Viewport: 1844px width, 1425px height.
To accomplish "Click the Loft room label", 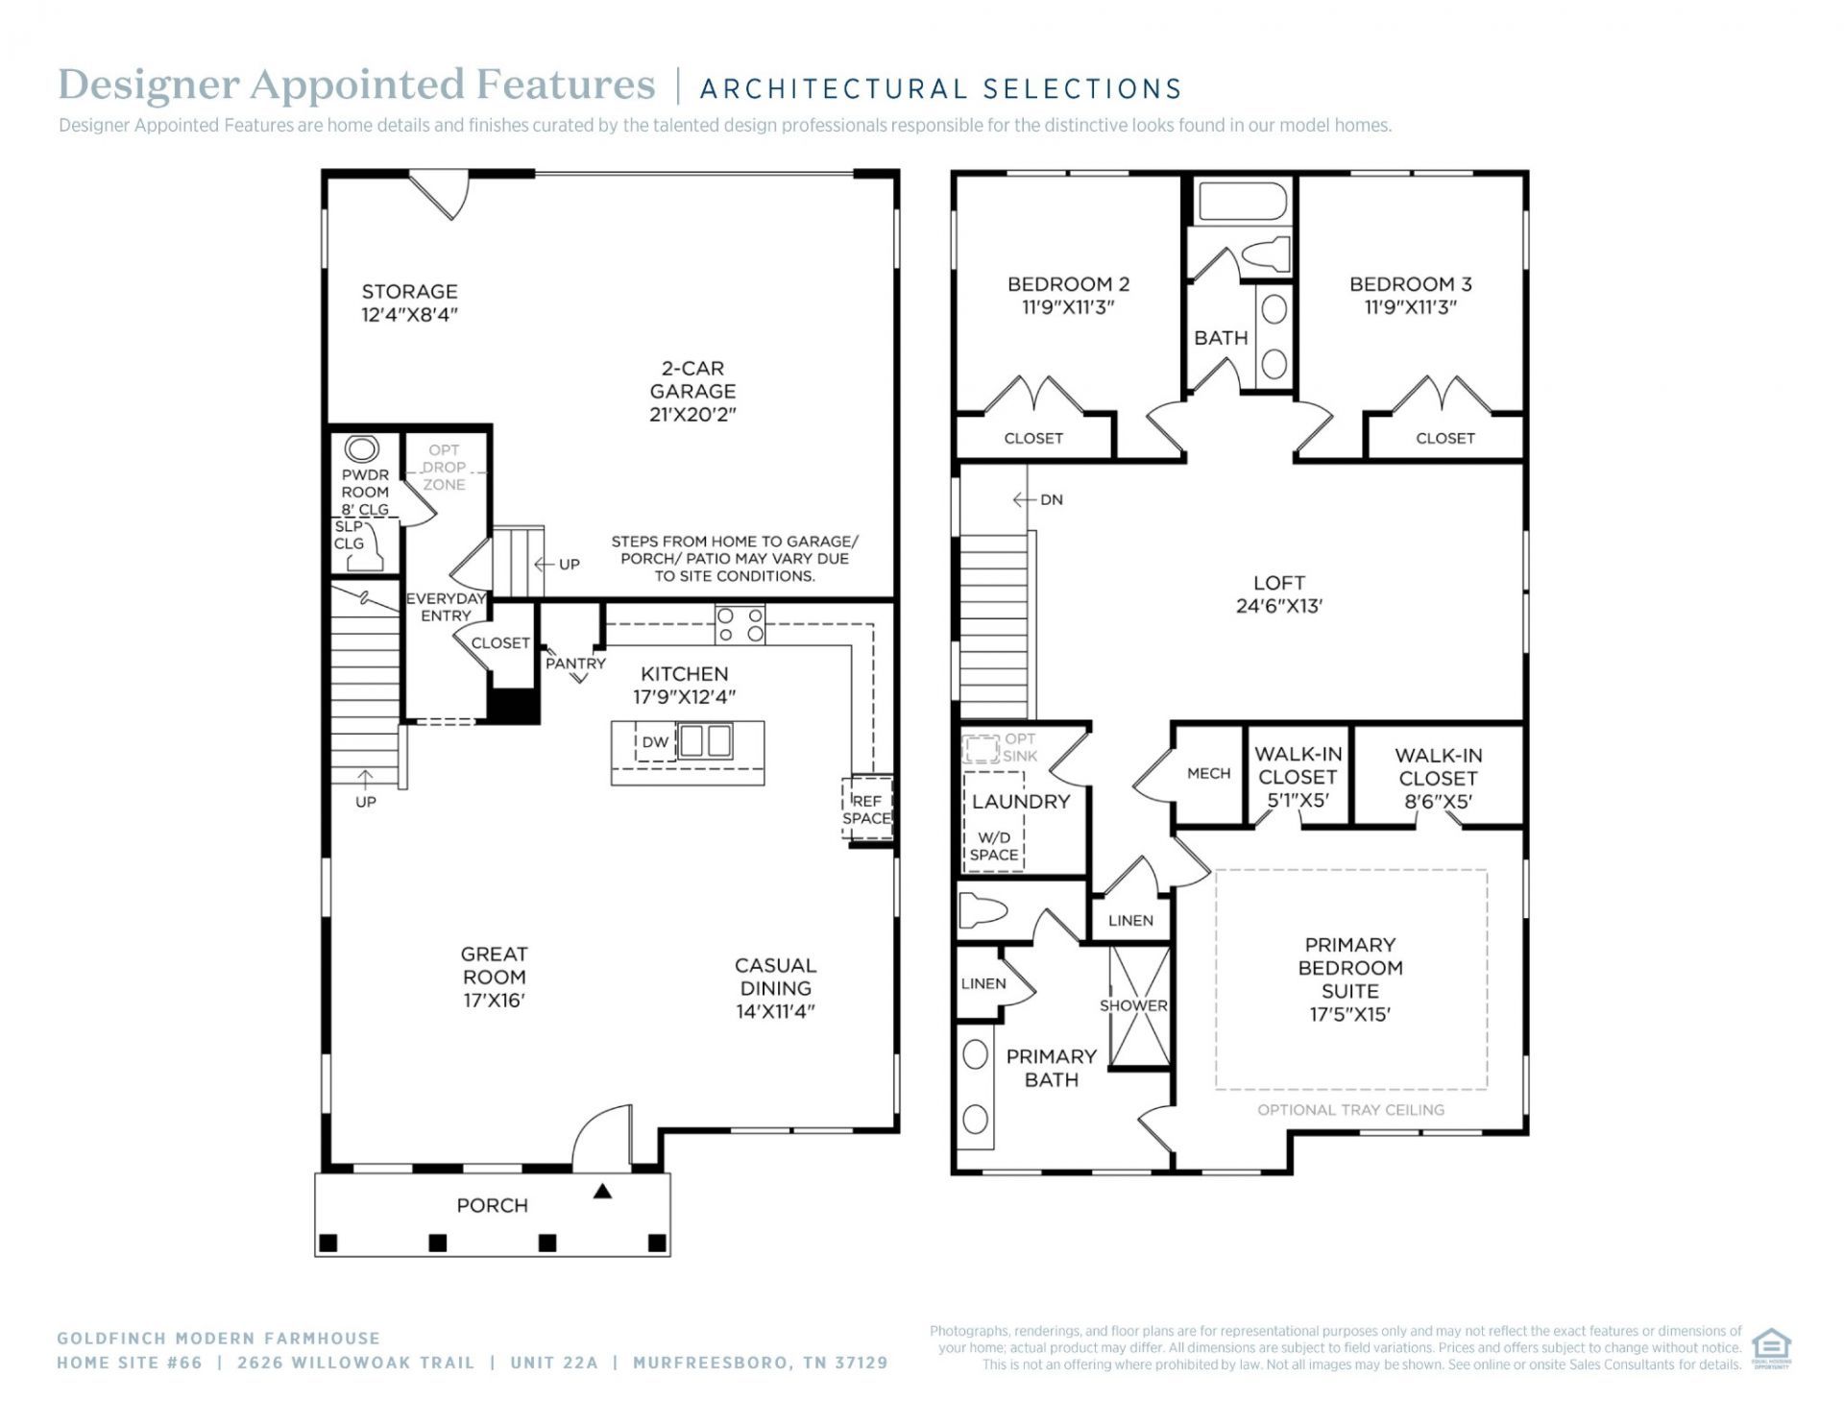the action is point(1278,583).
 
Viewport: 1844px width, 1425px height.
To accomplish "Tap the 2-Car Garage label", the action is point(692,379).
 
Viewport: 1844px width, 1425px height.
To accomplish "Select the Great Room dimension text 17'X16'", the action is point(494,1001).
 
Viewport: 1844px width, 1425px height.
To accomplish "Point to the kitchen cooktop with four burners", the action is point(740,624).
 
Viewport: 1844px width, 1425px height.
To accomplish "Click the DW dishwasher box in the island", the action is point(656,742).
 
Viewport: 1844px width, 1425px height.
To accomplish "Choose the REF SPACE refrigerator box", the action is point(867,809).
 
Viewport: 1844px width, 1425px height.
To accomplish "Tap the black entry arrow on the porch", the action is point(602,1192).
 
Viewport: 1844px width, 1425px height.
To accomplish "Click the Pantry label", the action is point(575,664).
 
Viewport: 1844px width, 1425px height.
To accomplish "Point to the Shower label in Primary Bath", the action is point(1133,1005).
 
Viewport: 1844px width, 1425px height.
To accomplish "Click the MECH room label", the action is point(1208,773).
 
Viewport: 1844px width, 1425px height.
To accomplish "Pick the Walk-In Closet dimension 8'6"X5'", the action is point(1438,802).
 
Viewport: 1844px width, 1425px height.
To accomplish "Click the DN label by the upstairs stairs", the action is point(1052,499).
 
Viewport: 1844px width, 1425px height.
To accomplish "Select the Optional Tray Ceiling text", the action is point(1350,1110).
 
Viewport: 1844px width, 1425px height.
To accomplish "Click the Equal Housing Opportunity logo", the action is point(1771,1347).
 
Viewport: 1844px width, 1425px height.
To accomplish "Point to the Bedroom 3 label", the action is point(1410,284).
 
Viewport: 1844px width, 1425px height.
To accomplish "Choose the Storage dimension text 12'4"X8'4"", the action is point(409,315).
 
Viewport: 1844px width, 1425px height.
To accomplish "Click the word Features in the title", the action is point(566,85).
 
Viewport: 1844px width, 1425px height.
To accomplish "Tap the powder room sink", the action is point(362,449).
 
